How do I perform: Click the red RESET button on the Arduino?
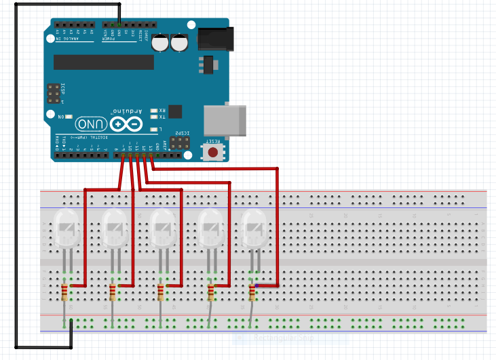pos(213,151)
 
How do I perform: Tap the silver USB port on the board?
pos(225,121)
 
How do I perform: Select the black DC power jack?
pos(215,39)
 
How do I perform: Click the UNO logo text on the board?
pos(91,124)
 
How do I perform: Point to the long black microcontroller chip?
pos(104,62)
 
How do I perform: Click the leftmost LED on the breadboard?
pos(66,228)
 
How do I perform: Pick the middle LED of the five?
pos(162,228)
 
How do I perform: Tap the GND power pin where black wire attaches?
pos(119,24)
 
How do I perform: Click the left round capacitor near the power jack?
pos(161,43)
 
